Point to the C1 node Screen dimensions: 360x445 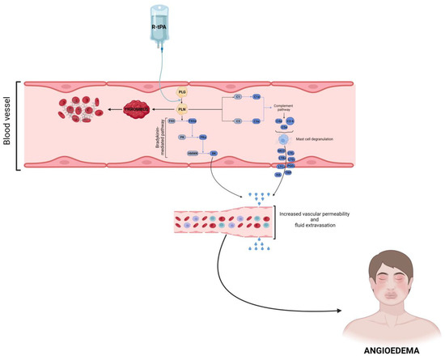point(238,96)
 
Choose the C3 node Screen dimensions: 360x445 point(238,121)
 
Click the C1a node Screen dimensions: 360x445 point(255,96)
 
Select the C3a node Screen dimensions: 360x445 point(255,121)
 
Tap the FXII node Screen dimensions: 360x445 point(172,121)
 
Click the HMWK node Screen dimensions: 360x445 point(193,153)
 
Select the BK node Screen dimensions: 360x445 point(214,153)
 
